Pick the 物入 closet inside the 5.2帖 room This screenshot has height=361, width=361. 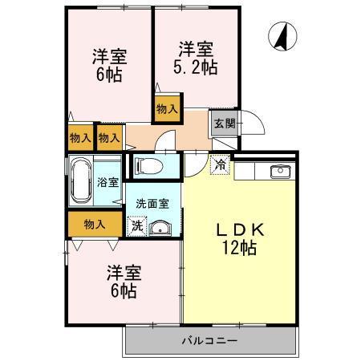pyautogui.click(x=167, y=108)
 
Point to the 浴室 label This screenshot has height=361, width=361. pyautogui.click(x=107, y=181)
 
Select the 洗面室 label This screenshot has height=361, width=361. pyautogui.click(x=152, y=204)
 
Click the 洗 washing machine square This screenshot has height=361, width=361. pyautogui.click(x=138, y=225)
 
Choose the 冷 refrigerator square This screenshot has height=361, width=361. pyautogui.click(x=220, y=165)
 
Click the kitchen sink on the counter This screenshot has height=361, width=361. pyautogui.click(x=280, y=171)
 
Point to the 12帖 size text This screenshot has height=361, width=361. pyautogui.click(x=239, y=249)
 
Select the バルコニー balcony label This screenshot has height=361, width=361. pyautogui.click(x=208, y=341)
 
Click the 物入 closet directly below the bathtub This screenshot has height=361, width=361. pyautogui.click(x=94, y=224)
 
